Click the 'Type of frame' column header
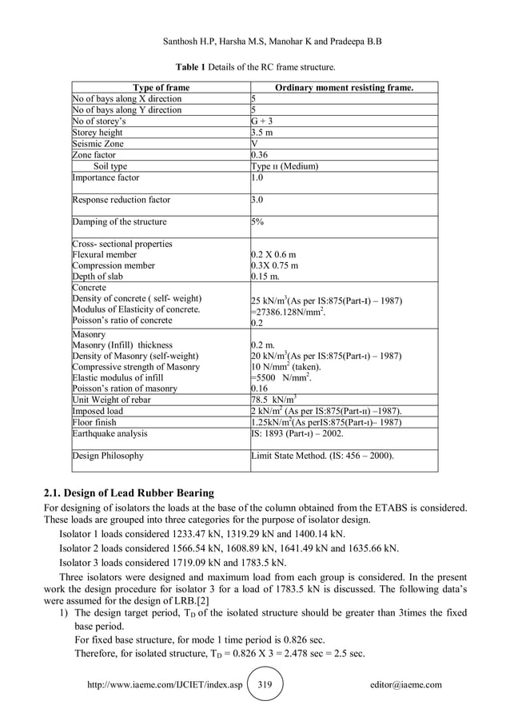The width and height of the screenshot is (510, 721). (x=161, y=86)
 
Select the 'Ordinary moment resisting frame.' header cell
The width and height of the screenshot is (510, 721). (x=344, y=86)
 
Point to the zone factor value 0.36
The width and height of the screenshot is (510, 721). (x=261, y=155)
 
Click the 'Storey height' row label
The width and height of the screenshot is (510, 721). (x=98, y=132)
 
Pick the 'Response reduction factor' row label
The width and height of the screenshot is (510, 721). (x=121, y=200)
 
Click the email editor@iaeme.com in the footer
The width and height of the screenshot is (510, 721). (x=406, y=685)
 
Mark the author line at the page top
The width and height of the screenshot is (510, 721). (x=255, y=39)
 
